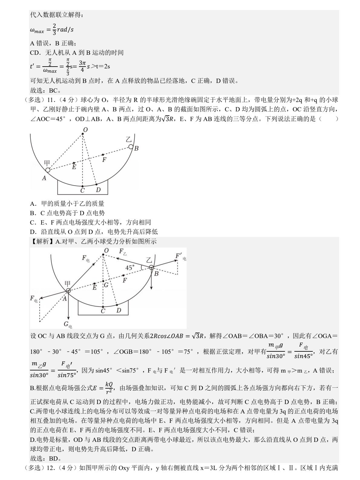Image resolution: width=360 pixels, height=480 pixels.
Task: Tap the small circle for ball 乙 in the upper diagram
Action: point(131,147)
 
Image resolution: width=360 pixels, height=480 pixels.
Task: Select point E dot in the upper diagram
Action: point(74,163)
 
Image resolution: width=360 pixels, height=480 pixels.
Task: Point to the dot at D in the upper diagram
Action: point(97,184)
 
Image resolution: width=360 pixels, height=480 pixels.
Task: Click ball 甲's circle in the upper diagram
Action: point(48,170)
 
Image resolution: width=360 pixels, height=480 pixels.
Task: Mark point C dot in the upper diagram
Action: point(82,186)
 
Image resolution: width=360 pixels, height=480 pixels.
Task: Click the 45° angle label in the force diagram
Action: point(130,268)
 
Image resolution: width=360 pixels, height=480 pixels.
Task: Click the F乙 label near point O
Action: point(123,252)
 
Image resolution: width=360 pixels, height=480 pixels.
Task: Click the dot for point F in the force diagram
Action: point(123,276)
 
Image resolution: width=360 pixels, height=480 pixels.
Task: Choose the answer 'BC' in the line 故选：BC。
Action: point(53,90)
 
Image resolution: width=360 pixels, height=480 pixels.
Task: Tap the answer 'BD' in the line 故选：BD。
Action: point(53,458)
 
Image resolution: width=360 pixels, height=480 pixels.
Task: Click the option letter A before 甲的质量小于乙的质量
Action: point(32,204)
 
